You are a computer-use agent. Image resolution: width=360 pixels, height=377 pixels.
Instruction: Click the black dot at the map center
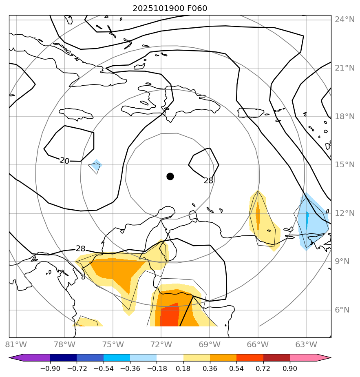170,176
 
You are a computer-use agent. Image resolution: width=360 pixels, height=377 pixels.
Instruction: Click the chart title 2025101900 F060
172,9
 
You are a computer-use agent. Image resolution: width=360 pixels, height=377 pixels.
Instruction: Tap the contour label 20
64,161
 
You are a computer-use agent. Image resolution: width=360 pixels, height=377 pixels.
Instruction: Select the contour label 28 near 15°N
208,180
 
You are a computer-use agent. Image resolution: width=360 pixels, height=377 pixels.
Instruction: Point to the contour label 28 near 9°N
81,248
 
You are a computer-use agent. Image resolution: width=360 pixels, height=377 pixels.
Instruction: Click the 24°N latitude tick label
345,20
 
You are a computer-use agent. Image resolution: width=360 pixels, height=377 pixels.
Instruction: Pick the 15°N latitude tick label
345,165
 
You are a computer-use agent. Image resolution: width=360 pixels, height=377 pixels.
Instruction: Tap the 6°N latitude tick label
342,310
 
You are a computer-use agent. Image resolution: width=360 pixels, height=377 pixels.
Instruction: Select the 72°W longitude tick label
161,344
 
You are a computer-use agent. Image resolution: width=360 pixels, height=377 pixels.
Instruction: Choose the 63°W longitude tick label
306,344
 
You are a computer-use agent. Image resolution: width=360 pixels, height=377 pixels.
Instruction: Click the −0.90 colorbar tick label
50,369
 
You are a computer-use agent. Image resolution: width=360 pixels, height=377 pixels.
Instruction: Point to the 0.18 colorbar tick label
183,369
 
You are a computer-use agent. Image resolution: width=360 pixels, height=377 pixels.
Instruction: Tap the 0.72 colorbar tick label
263,369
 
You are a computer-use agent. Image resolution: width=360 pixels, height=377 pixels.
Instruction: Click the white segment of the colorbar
170,358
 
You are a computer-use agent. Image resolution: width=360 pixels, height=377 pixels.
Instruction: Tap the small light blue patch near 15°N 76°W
96,165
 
